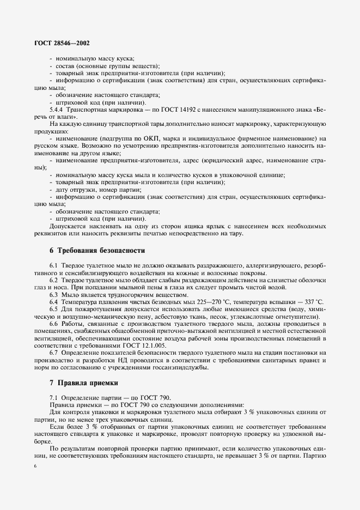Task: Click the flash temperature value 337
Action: tap(309, 301)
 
